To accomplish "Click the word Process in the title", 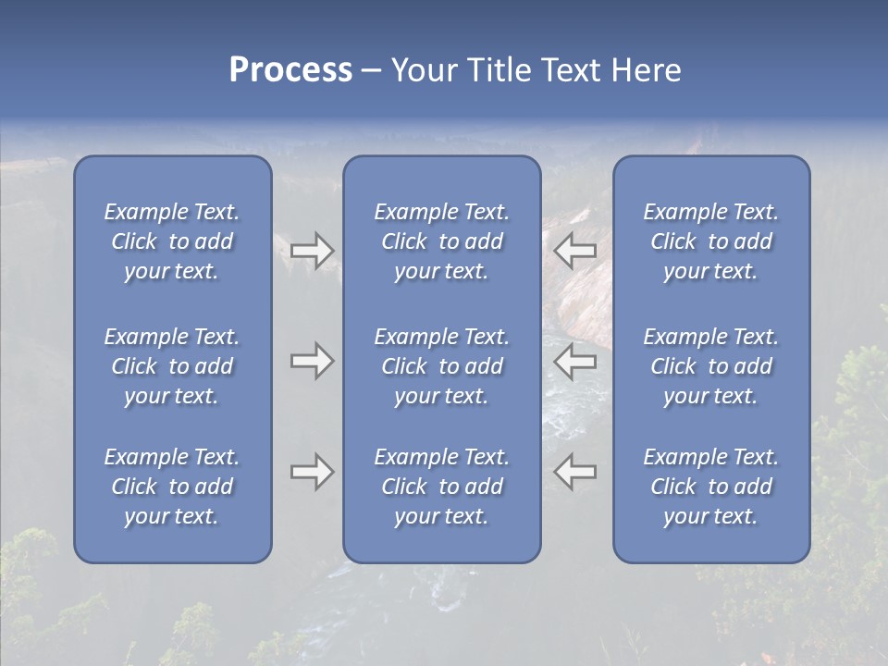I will (x=290, y=70).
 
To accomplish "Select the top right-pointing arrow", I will (x=312, y=250).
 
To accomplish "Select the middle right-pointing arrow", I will (x=312, y=362).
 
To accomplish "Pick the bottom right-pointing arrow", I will (x=312, y=472).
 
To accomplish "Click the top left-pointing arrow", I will (x=575, y=250).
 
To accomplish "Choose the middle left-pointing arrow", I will (x=575, y=362).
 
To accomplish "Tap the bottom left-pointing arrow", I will (x=575, y=472).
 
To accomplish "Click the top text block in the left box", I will (x=172, y=241).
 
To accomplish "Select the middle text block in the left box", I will (x=172, y=366).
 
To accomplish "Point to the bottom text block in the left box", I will (x=172, y=487).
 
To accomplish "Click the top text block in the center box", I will (x=441, y=241).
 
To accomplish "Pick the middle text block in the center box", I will (x=441, y=366).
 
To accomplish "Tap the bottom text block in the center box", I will (x=441, y=487).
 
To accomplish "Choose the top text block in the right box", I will (x=710, y=241).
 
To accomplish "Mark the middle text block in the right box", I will (x=710, y=366).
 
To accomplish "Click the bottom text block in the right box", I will (x=710, y=487).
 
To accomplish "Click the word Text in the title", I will (x=570, y=70).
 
